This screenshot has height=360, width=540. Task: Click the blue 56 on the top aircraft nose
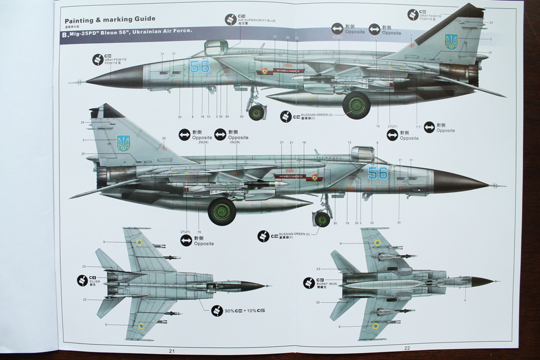click(199, 67)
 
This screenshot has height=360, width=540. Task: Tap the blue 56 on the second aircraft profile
click(377, 173)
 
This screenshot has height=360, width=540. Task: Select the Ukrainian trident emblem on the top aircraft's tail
click(451, 41)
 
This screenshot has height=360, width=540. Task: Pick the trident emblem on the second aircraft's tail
click(123, 143)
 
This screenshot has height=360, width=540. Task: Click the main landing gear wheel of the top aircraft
click(356, 105)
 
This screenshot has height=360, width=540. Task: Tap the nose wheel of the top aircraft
click(257, 112)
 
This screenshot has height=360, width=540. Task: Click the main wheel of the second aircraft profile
click(221, 211)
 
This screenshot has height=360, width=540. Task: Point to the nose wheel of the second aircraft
click(322, 219)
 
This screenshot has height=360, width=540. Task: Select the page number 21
click(171, 351)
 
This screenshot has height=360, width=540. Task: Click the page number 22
click(407, 348)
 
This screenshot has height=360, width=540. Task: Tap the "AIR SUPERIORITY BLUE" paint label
click(257, 21)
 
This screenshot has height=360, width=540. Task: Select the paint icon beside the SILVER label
click(82, 280)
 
